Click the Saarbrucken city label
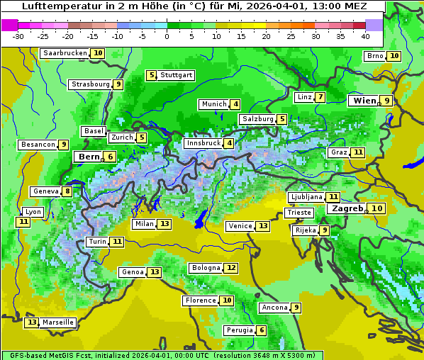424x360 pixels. point(65,53)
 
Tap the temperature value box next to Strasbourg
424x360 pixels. point(118,84)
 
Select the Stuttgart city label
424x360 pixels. point(176,75)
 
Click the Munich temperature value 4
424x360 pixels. point(235,104)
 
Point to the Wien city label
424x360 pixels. point(364,101)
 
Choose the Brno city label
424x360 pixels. point(374,56)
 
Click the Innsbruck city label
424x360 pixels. point(203,143)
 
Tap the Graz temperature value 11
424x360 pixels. point(358,152)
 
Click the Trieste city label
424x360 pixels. point(298,213)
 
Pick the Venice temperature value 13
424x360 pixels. point(263,226)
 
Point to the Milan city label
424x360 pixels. point(144,224)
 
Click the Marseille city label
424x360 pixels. point(58,322)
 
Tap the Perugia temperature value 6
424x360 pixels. point(262,330)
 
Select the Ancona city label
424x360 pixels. point(274,308)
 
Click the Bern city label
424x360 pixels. point(89,157)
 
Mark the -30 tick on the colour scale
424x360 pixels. point(19,35)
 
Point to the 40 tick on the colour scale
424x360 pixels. point(365,35)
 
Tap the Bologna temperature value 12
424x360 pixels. point(231,268)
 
